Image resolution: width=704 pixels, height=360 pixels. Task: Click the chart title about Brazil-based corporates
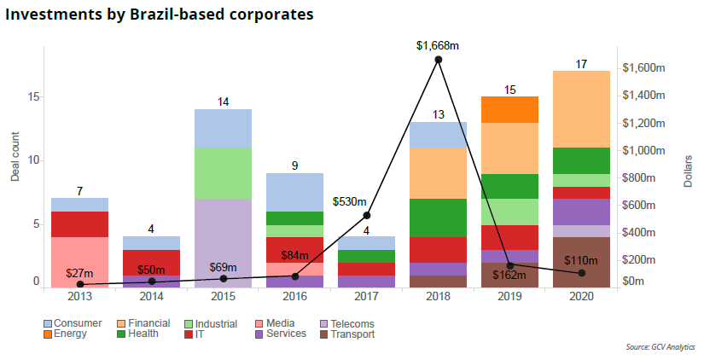(x=159, y=15)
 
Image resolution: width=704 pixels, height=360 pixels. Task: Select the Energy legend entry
(x=69, y=334)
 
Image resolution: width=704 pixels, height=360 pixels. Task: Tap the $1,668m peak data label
(x=438, y=45)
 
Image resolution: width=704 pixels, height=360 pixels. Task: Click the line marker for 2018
(x=439, y=60)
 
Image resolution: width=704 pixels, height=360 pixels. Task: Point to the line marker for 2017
(x=367, y=215)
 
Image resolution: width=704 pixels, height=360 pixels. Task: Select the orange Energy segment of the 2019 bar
(x=509, y=109)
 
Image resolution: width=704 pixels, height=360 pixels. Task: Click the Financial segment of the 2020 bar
(x=581, y=108)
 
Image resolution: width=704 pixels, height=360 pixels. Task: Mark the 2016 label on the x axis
(x=294, y=296)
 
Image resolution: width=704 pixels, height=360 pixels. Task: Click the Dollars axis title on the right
(x=688, y=171)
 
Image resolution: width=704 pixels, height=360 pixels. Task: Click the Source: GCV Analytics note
(x=660, y=347)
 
